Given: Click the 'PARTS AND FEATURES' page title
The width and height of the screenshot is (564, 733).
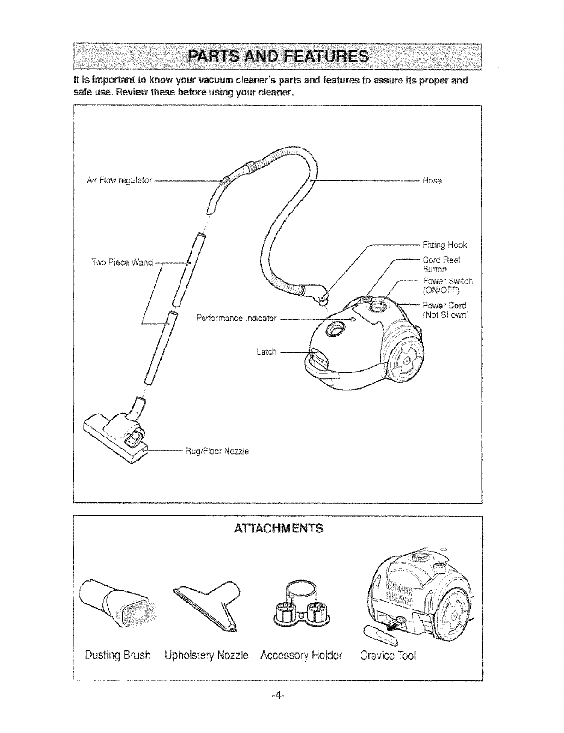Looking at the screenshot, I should tap(278, 56).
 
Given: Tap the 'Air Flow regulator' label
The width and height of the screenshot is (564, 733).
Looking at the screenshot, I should tap(120, 180).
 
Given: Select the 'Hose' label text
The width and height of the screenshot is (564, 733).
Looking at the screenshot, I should tap(432, 181).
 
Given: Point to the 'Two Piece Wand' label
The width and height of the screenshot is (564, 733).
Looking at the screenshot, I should tap(122, 262).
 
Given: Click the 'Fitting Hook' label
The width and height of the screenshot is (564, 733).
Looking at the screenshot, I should tap(445, 244).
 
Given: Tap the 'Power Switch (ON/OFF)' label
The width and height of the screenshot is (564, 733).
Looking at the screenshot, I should tap(447, 285).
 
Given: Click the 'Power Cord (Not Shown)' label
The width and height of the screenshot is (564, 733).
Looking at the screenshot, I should tap(445, 310).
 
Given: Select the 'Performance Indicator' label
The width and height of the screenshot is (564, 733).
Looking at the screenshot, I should tap(236, 318).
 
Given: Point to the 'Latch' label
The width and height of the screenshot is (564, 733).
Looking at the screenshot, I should tap(266, 352).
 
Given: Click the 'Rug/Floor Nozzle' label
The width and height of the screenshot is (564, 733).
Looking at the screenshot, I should tap(217, 451).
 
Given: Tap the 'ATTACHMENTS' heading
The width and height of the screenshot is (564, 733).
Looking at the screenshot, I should tap(278, 528).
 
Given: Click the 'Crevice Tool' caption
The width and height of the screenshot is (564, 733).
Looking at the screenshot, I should tap(388, 655).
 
